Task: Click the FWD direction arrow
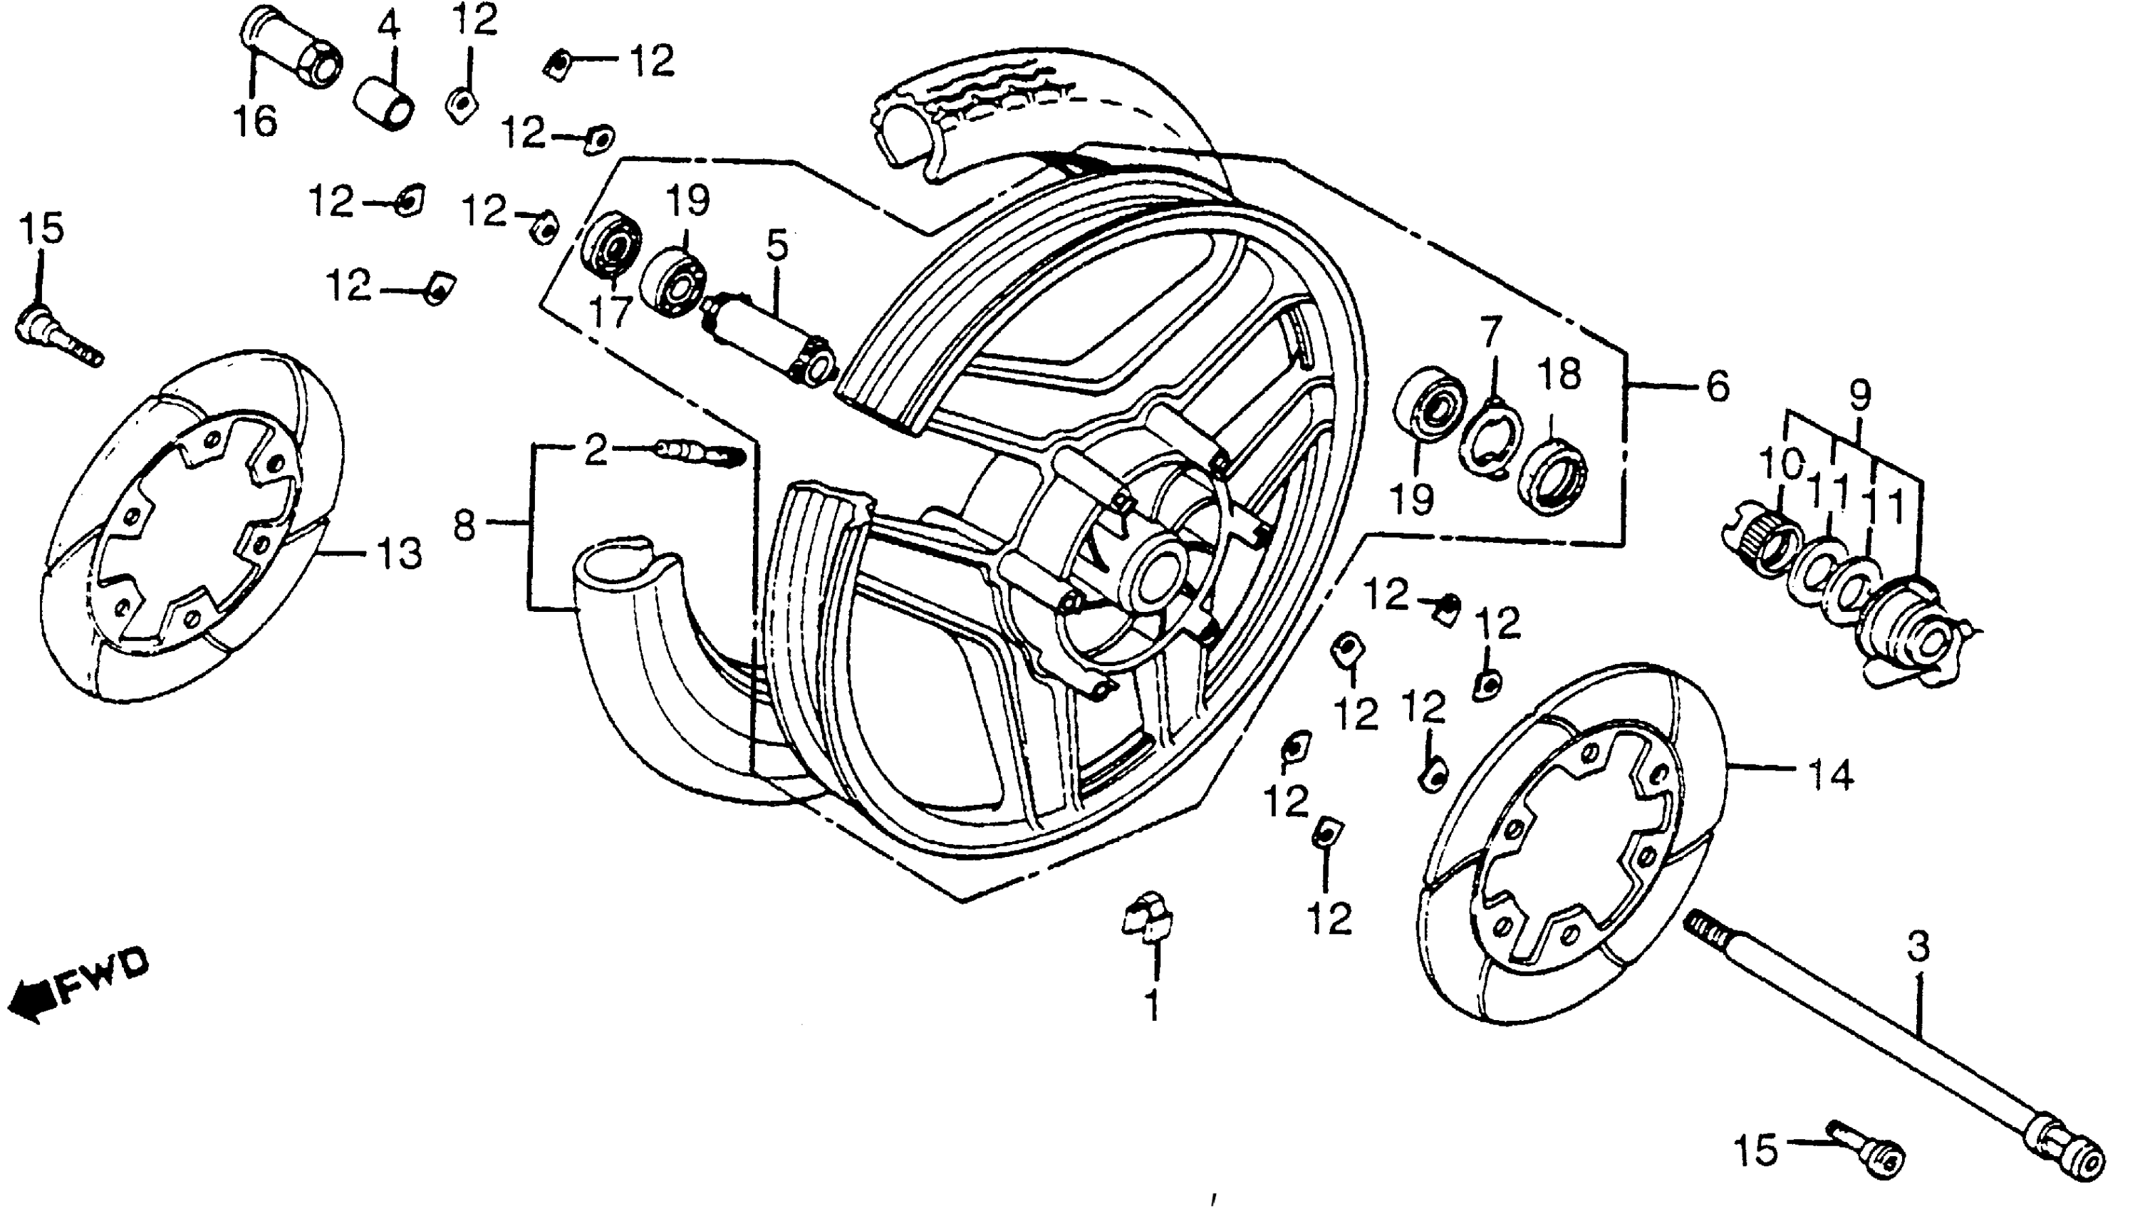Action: pos(79,988)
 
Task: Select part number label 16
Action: pos(254,121)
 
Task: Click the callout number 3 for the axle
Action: pos(1917,946)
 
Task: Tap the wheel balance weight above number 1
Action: pos(1147,919)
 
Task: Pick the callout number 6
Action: pos(1717,387)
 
